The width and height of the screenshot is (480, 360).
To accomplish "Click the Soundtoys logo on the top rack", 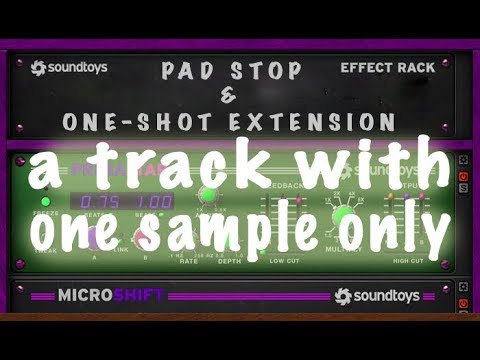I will [68, 68].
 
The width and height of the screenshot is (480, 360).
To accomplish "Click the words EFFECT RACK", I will [387, 68].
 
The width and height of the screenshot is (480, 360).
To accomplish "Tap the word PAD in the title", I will [191, 72].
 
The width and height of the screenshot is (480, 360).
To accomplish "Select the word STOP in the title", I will [261, 72].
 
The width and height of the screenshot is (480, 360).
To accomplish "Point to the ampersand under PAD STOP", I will [225, 96].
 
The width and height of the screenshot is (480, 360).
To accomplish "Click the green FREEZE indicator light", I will [45, 201].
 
